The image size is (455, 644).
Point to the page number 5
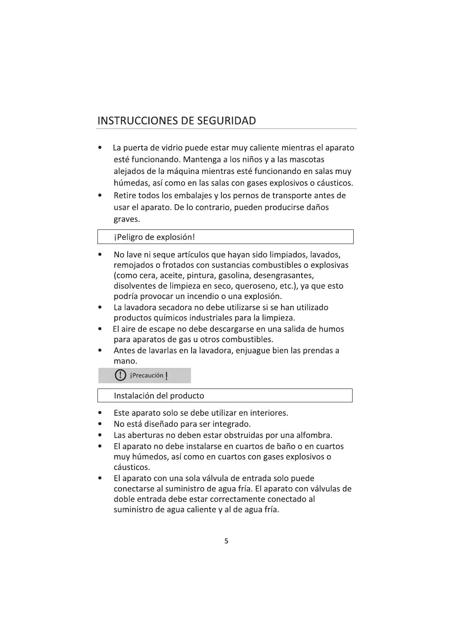226,541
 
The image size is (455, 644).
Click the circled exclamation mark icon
120,375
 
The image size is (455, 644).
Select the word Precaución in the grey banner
148,376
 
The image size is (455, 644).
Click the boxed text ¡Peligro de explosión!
154,237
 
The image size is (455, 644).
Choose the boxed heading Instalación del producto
159,396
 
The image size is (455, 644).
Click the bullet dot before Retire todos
100,195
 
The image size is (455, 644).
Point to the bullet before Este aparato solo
100,413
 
